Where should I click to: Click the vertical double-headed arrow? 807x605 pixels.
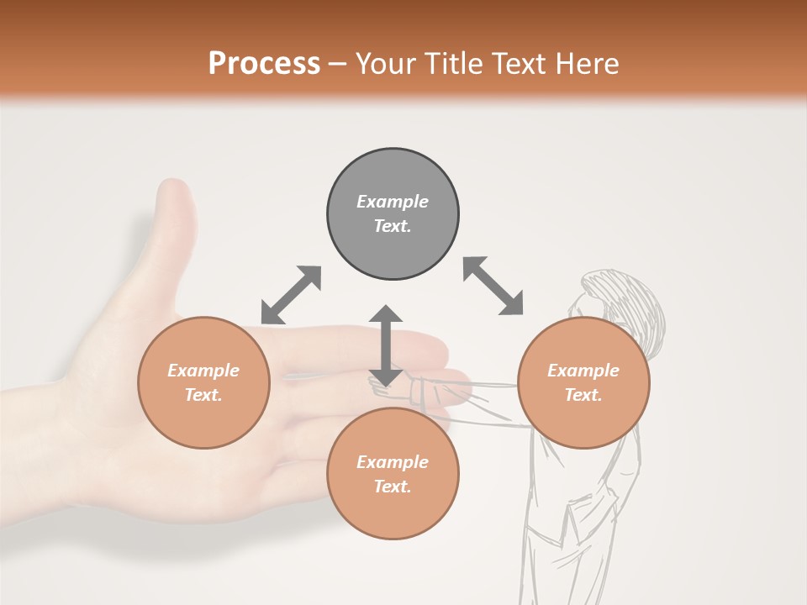386,345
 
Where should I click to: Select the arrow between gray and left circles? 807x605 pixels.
291,295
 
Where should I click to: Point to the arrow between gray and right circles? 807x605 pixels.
493,286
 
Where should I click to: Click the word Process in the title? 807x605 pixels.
264,64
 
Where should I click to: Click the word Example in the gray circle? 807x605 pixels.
393,202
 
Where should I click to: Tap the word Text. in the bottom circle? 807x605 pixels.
393,487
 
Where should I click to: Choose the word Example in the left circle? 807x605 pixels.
203,371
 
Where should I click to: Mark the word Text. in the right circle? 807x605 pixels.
583,395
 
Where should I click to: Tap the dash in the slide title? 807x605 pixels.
338,64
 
